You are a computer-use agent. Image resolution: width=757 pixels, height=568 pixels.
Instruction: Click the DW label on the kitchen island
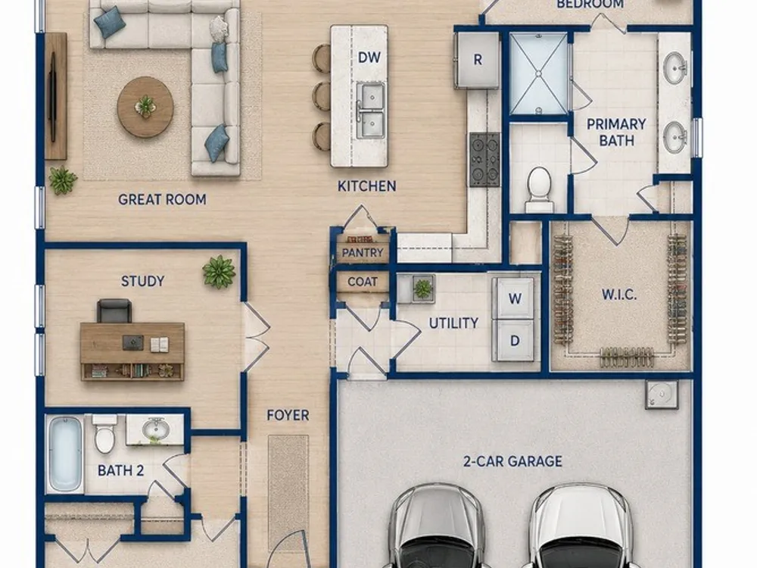(x=369, y=58)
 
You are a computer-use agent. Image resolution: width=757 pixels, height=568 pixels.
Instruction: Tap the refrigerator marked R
(x=477, y=59)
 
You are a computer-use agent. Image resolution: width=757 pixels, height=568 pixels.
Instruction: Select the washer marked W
(x=513, y=298)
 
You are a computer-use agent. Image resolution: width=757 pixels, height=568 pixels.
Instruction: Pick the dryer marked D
(x=514, y=341)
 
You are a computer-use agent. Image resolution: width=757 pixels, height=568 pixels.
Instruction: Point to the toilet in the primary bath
(x=539, y=189)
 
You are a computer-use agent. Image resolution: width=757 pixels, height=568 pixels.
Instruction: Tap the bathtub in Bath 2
(x=65, y=454)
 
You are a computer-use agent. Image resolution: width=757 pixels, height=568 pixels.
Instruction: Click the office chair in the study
(x=114, y=311)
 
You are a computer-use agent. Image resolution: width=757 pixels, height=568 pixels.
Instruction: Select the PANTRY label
(x=363, y=253)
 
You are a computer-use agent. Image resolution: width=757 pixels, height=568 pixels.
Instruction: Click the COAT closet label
(x=363, y=282)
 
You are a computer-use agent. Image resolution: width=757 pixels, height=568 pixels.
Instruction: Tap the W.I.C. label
(x=619, y=294)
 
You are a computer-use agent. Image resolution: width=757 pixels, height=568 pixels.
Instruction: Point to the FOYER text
(x=288, y=415)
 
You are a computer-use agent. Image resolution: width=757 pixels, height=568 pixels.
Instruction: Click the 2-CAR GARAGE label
(x=512, y=461)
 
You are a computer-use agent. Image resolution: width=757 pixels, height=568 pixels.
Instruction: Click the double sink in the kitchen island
(x=371, y=110)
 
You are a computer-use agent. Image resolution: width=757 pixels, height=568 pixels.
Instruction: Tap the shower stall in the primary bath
(x=538, y=74)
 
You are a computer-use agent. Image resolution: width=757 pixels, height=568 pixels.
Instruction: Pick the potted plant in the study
(x=220, y=271)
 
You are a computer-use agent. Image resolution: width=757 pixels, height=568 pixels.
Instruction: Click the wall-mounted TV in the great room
(x=53, y=97)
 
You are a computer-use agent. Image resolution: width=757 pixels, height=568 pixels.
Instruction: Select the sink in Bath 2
(x=155, y=427)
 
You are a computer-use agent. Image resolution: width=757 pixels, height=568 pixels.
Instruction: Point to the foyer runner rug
(x=288, y=494)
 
